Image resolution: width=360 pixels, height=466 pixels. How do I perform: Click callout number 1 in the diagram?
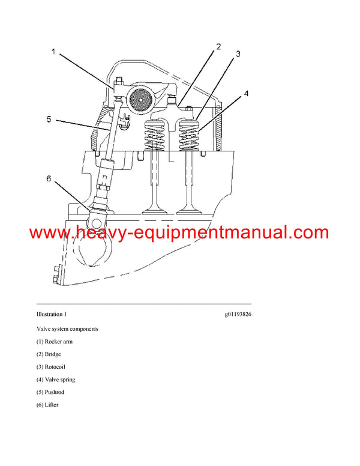click(x=53, y=52)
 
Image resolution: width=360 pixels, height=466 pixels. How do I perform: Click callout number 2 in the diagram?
click(x=218, y=46)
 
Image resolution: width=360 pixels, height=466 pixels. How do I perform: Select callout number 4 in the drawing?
click(x=246, y=94)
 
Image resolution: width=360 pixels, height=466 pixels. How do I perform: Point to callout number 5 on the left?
click(x=49, y=119)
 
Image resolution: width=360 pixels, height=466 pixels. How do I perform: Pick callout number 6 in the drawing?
click(x=49, y=178)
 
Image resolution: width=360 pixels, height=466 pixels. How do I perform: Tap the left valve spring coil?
click(x=155, y=136)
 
